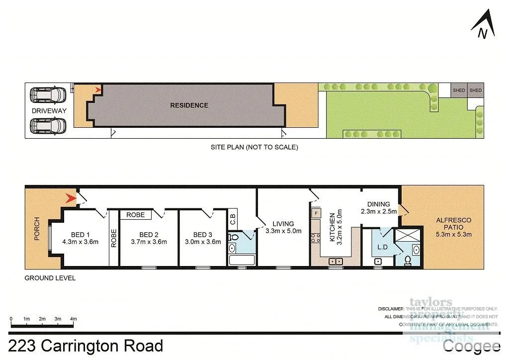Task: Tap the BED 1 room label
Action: click(x=80, y=238)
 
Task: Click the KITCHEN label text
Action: click(x=333, y=227)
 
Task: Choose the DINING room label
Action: click(x=378, y=208)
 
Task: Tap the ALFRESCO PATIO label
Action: click(x=453, y=227)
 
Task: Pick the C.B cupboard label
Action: click(x=232, y=219)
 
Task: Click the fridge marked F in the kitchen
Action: click(x=316, y=214)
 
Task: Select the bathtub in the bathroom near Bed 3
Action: click(x=241, y=260)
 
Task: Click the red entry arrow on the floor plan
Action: click(x=71, y=199)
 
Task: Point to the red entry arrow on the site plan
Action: click(x=98, y=90)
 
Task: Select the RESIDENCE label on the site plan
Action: click(x=189, y=105)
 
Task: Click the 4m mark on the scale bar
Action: click(x=74, y=319)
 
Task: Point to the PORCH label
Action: click(x=36, y=232)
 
